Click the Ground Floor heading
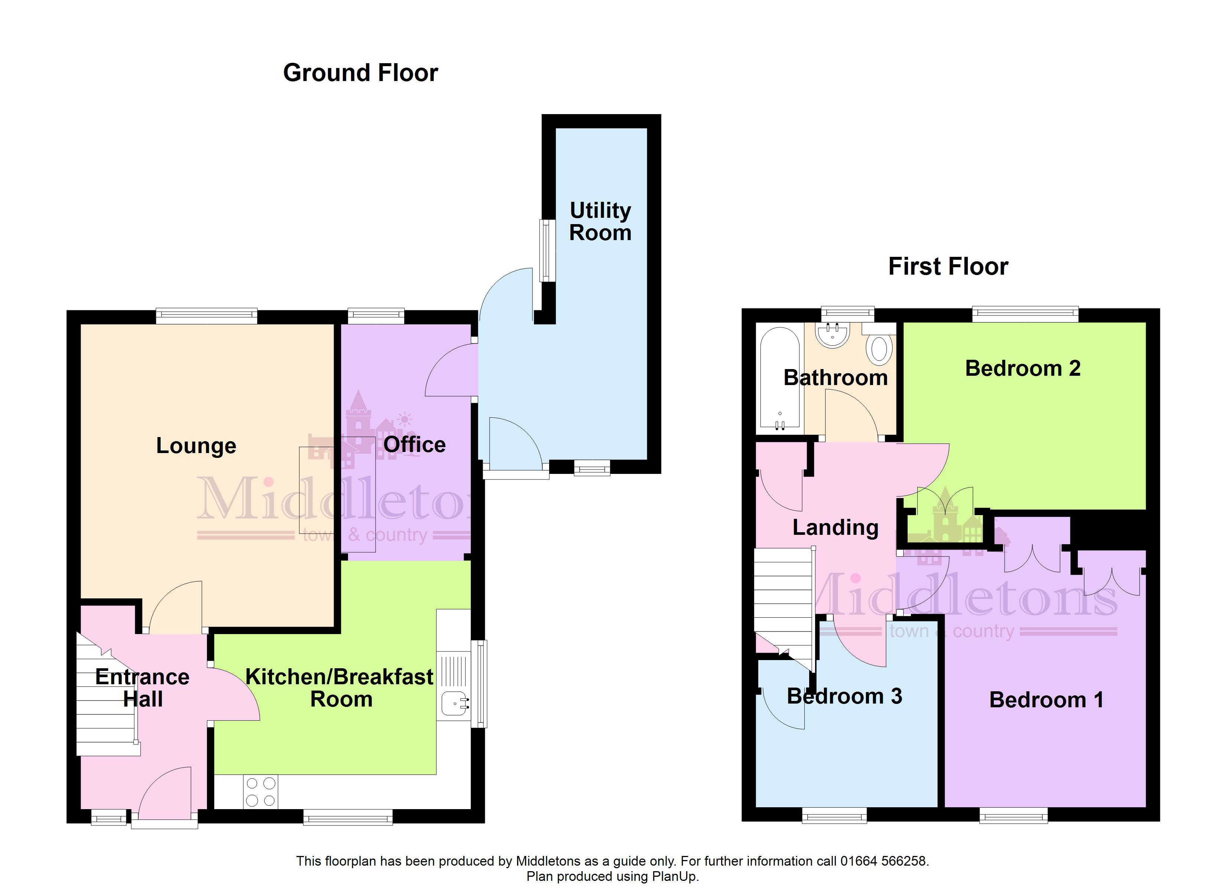361,73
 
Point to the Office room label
415,445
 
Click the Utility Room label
601,221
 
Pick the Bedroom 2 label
1023,368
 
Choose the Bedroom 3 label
844,696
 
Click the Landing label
836,527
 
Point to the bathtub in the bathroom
779,379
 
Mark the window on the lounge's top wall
207,316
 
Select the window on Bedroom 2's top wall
1025,314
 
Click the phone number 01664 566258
883,861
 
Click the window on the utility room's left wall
548,251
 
